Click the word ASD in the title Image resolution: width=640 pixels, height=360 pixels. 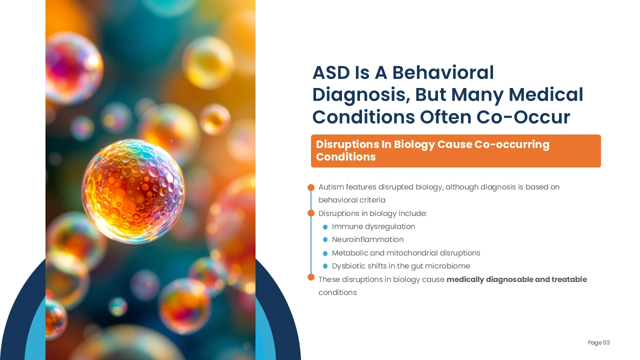331,72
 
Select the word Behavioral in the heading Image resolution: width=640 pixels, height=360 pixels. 443,72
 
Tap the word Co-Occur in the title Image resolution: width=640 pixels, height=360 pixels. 523,117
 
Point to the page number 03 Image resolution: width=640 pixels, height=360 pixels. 606,342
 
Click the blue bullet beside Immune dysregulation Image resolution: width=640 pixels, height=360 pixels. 325,227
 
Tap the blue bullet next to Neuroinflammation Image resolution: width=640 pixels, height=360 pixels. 325,239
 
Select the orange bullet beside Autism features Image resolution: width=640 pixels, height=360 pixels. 311,187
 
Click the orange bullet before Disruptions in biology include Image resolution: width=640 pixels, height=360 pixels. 311,213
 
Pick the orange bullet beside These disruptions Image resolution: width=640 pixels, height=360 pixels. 311,277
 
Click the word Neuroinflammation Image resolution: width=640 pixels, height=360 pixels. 367,239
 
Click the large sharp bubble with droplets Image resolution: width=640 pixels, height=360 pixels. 133,191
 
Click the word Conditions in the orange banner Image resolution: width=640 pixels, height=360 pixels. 345,157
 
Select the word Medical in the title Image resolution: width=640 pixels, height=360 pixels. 545,95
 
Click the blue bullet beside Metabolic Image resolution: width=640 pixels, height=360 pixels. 325,253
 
